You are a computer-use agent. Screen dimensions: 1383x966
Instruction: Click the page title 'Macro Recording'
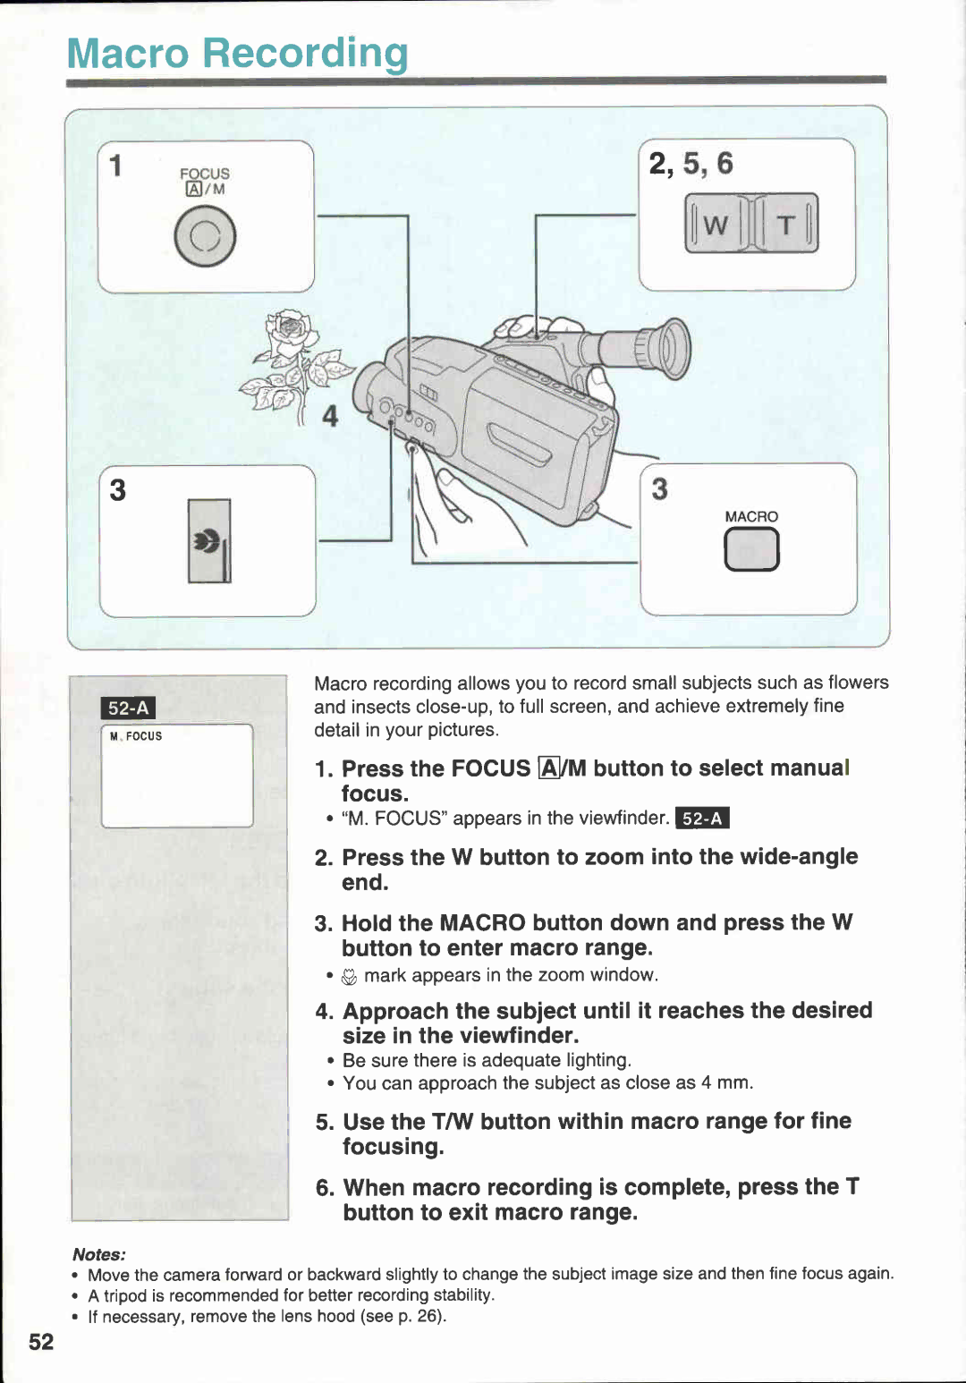point(237,53)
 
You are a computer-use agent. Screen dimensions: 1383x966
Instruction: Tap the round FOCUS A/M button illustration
point(205,237)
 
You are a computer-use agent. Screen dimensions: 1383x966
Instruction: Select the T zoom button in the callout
point(786,225)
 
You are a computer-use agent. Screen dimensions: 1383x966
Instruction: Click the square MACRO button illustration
point(751,549)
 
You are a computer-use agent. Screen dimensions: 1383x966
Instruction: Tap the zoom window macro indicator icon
point(208,541)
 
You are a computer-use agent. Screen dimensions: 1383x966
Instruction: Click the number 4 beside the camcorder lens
point(330,416)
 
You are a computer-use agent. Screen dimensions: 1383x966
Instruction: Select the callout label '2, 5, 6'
point(691,164)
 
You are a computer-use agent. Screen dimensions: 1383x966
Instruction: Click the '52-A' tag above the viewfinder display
point(128,708)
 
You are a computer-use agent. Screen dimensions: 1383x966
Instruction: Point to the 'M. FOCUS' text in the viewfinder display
point(136,736)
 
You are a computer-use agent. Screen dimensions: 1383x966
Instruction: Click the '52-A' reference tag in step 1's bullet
point(702,819)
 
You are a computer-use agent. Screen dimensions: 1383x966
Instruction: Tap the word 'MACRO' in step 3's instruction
point(482,922)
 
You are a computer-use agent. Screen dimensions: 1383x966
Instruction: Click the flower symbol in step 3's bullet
point(350,977)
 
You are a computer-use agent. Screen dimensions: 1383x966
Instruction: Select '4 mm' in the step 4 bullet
point(725,1082)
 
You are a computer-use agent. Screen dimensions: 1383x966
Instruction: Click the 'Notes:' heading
point(99,1254)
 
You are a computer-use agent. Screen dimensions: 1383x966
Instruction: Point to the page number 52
point(41,1342)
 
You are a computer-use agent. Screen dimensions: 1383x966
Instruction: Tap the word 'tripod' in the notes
point(125,1295)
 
